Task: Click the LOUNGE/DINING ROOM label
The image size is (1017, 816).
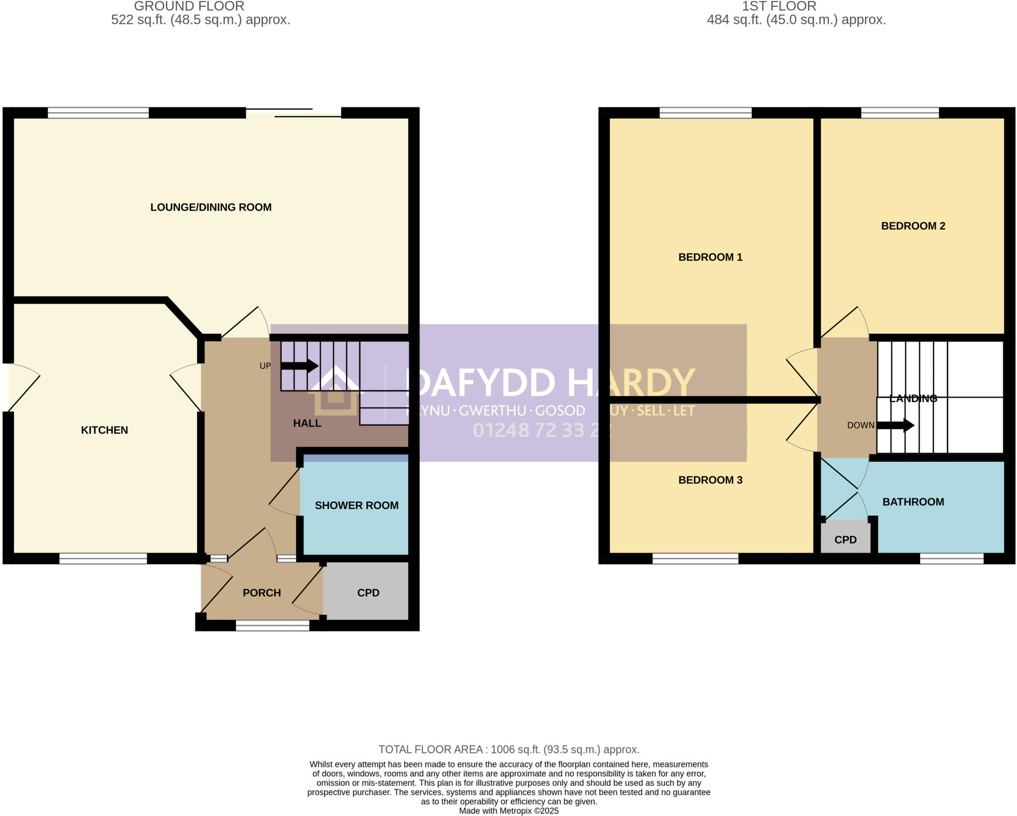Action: pos(211,207)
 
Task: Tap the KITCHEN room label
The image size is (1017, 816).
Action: pos(104,430)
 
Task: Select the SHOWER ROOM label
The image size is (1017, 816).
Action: pos(357,505)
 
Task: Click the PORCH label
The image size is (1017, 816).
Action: pos(262,593)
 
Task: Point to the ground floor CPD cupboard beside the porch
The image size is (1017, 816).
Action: pos(367,593)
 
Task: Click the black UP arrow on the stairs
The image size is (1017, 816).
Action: pos(299,366)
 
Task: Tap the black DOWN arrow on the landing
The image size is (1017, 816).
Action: pos(895,425)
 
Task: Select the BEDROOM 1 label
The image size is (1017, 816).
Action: pos(710,257)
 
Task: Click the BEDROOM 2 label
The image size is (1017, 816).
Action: pos(913,226)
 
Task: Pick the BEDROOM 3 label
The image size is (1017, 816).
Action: pos(710,480)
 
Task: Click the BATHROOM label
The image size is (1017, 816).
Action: pos(913,502)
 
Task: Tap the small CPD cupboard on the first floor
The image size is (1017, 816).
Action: pos(845,539)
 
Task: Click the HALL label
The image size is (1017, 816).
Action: pos(307,423)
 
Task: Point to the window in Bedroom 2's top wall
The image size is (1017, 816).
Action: pos(899,113)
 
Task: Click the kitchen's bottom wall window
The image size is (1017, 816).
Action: pos(103,559)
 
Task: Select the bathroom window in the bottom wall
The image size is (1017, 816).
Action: pos(951,559)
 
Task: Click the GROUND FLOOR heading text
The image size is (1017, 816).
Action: pos(189,6)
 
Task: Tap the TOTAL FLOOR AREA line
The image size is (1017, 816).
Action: pos(508,749)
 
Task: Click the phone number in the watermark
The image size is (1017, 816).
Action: pos(541,430)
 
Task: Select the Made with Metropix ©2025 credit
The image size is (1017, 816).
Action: pos(508,811)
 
